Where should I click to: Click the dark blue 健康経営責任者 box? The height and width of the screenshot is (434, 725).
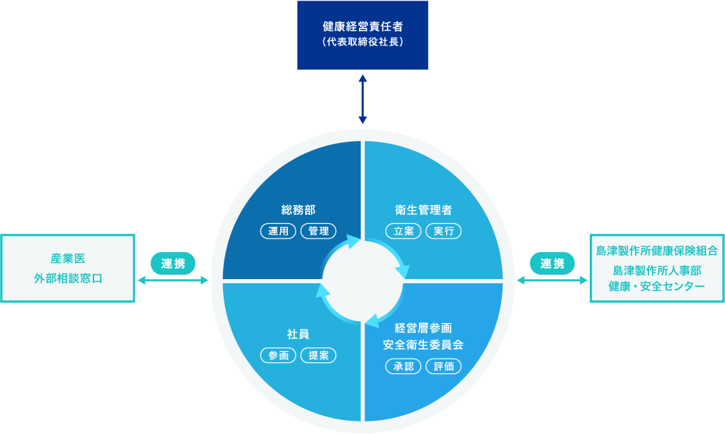tap(362, 35)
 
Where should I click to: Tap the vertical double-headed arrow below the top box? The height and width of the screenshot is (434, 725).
tap(362, 100)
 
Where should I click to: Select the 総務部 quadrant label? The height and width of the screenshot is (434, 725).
tap(298, 210)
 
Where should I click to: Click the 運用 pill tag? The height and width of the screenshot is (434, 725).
tap(278, 231)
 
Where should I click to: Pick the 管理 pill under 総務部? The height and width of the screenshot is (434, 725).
tap(319, 231)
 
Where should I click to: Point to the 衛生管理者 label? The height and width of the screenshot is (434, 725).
tap(423, 210)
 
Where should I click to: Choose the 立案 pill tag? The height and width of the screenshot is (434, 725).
tap(403, 231)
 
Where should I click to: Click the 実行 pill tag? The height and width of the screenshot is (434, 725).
tap(443, 231)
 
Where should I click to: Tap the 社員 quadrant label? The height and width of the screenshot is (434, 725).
tap(298, 334)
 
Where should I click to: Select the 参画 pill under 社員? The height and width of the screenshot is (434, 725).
tap(278, 355)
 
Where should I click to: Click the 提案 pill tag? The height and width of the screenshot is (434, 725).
tap(319, 355)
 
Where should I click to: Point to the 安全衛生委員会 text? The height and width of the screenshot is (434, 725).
tap(423, 345)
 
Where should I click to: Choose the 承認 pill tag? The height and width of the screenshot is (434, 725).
tap(403, 366)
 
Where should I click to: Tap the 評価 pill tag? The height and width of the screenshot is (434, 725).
tap(443, 366)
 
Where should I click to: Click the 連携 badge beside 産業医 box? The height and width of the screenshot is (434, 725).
tap(173, 264)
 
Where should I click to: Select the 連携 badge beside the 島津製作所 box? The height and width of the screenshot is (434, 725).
tap(552, 264)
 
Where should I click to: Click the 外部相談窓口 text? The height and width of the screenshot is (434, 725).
tap(68, 278)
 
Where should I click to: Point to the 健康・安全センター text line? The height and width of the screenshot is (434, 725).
tap(657, 286)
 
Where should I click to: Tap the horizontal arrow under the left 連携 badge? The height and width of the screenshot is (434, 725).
tap(173, 280)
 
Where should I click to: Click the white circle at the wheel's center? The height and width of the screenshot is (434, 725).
tap(362, 281)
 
